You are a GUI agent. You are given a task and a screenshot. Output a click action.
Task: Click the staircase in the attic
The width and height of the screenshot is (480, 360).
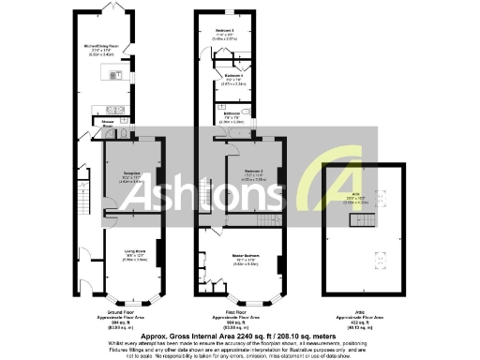(x=362, y=221)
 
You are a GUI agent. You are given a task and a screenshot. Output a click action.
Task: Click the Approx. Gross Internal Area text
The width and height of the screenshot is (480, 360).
(x=239, y=334)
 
